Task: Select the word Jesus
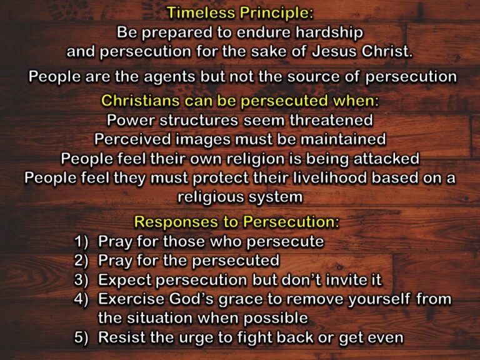[339, 52]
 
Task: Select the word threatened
[329, 119]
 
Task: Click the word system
[277, 197]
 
